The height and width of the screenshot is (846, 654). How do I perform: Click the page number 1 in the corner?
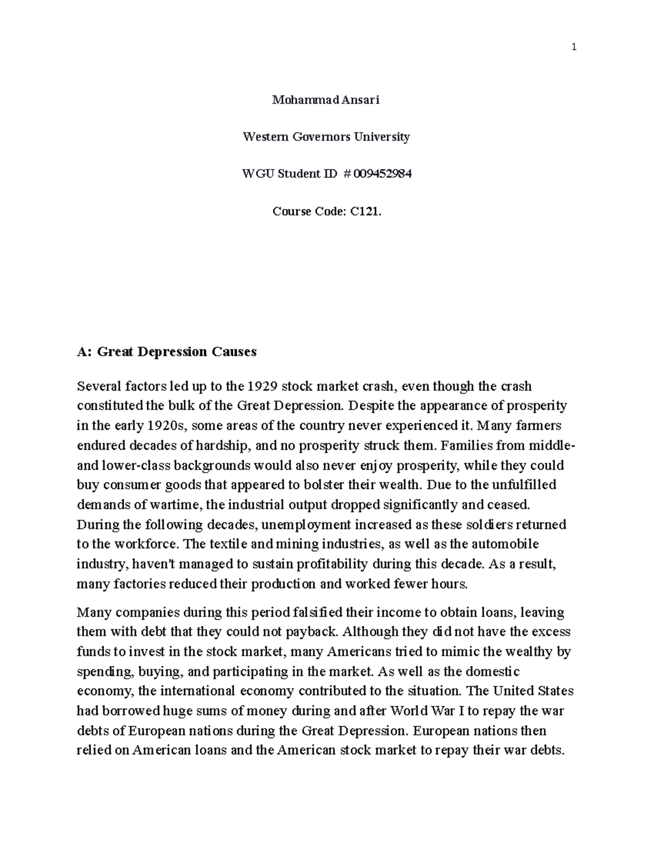click(573, 47)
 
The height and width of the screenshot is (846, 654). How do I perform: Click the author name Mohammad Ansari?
click(326, 100)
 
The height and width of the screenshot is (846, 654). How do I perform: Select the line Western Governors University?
click(326, 137)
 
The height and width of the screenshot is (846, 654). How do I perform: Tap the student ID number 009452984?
click(382, 174)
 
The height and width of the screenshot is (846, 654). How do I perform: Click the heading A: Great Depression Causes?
click(167, 351)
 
